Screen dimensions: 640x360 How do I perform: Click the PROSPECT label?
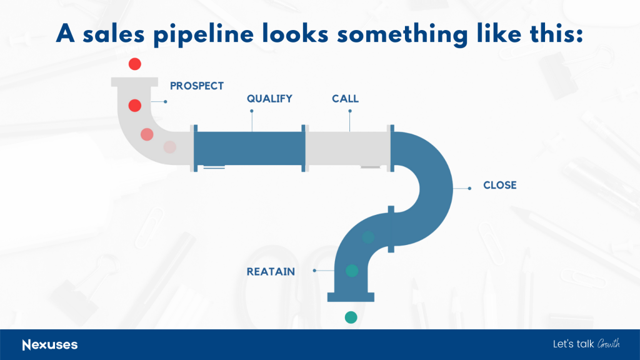pyautogui.click(x=197, y=86)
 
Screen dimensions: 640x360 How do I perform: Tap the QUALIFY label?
pyautogui.click(x=269, y=99)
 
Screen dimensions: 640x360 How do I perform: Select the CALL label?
pyautogui.click(x=345, y=99)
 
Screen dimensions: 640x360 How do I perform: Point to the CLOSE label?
pyautogui.click(x=500, y=185)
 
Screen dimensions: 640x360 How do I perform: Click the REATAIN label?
pyautogui.click(x=271, y=272)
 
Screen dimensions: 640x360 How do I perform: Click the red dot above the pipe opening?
pyautogui.click(x=135, y=64)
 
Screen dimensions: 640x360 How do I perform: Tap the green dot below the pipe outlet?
pyautogui.click(x=351, y=317)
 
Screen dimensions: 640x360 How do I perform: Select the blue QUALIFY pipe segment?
pyautogui.click(x=249, y=149)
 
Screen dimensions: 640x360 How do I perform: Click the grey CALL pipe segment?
pyautogui.click(x=347, y=149)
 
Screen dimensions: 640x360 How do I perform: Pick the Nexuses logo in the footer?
pyautogui.click(x=50, y=345)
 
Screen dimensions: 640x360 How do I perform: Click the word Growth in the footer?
pyautogui.click(x=609, y=344)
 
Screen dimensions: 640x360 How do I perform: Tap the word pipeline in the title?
pyautogui.click(x=203, y=34)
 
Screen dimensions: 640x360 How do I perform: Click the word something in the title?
pyautogui.click(x=402, y=34)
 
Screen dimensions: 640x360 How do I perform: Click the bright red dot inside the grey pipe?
pyautogui.click(x=135, y=106)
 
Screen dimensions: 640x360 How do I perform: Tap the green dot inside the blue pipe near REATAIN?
pyautogui.click(x=352, y=271)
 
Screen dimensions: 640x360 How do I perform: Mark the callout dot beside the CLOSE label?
pyautogui.click(x=469, y=189)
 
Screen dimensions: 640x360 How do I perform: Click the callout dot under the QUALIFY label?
pyautogui.click(x=252, y=111)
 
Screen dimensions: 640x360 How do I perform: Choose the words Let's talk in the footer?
pyautogui.click(x=574, y=344)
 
